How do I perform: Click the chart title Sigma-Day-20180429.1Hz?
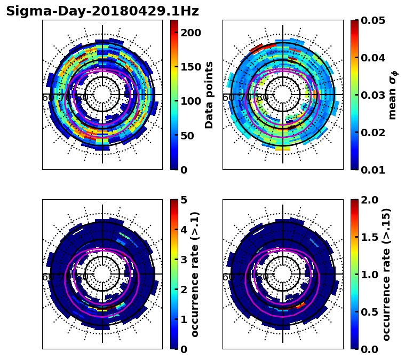click(x=102, y=11)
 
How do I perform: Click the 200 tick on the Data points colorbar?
click(x=190, y=33)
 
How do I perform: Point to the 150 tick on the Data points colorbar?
click(x=190, y=67)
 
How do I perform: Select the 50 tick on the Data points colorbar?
click(x=187, y=136)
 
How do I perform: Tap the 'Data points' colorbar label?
click(x=209, y=95)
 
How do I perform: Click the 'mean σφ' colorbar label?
click(x=393, y=95)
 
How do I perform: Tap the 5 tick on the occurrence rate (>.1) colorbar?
click(x=184, y=200)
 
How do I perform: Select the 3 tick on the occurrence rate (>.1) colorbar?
click(x=184, y=260)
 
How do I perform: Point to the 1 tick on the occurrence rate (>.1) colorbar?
click(x=184, y=319)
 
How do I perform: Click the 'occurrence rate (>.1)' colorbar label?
click(x=195, y=274)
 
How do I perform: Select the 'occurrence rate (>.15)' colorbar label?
click(x=386, y=274)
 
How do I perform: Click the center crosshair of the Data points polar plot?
click(x=102, y=95)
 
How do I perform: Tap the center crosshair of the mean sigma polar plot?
click(x=283, y=95)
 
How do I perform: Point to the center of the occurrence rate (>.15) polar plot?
click(x=283, y=274)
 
